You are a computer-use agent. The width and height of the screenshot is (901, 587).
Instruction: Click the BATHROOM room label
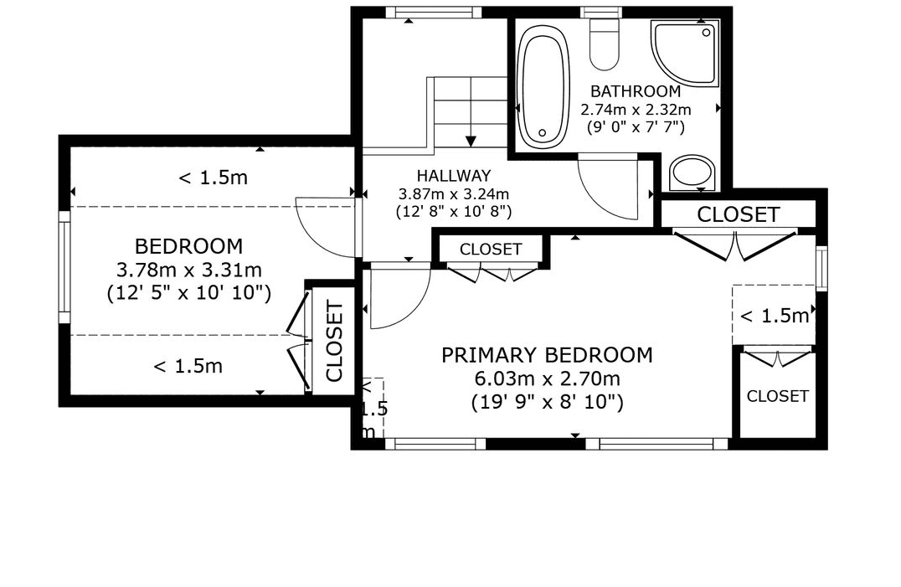click(x=636, y=91)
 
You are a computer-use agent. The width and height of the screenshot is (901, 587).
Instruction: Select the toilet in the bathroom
click(x=605, y=43)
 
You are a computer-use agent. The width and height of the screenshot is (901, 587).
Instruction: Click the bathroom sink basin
click(x=692, y=172)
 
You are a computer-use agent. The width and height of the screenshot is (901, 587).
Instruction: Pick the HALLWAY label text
click(x=454, y=175)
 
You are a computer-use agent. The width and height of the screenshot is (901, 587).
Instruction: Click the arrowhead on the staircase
click(x=471, y=142)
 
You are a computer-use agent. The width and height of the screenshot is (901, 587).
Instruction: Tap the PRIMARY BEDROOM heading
click(x=547, y=355)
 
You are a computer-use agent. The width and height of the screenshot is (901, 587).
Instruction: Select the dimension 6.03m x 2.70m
click(x=547, y=379)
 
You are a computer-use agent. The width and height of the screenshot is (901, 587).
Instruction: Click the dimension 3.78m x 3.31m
click(x=189, y=270)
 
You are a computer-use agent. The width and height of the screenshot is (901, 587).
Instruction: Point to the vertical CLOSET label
click(x=334, y=342)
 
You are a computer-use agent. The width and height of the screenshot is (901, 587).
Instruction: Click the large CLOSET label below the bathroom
click(x=739, y=214)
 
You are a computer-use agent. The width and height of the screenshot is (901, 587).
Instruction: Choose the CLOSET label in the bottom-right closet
click(x=777, y=396)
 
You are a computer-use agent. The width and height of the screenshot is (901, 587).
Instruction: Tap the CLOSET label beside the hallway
click(x=491, y=250)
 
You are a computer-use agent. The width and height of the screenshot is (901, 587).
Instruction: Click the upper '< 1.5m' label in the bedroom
click(x=214, y=178)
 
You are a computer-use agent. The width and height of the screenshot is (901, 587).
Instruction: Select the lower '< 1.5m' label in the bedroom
click(x=188, y=366)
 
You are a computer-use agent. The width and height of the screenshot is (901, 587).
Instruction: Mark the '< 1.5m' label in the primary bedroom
click(x=775, y=316)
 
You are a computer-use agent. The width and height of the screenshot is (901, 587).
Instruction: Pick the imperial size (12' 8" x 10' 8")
click(x=454, y=212)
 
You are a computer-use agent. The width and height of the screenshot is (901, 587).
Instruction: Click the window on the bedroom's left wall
click(x=64, y=267)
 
